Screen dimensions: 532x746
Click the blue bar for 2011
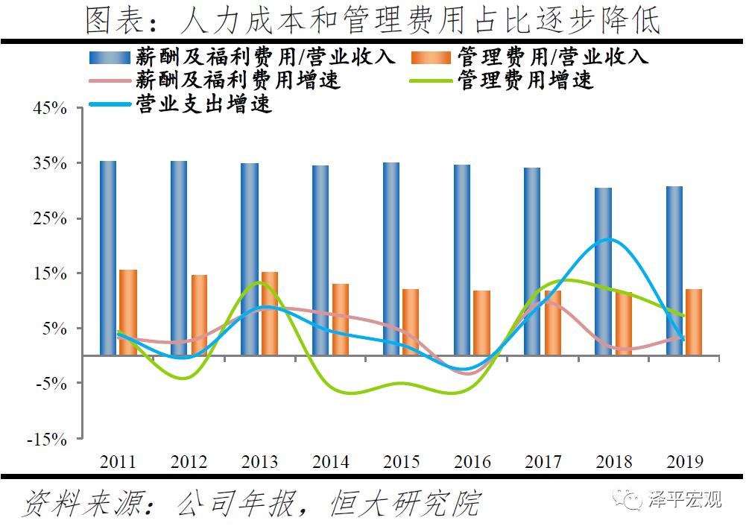108,257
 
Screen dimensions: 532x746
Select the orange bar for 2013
269,313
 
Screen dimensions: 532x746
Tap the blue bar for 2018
603,271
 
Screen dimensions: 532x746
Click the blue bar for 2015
391,258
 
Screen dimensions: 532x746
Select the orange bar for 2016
481,323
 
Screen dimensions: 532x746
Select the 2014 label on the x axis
330,462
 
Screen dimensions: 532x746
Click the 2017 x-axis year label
543,462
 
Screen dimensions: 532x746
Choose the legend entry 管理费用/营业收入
552,57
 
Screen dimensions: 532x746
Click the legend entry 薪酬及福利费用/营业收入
265,57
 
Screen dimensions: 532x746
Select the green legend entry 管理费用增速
525,80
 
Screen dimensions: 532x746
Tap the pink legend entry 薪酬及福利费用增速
238,80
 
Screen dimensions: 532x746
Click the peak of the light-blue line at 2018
610,239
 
